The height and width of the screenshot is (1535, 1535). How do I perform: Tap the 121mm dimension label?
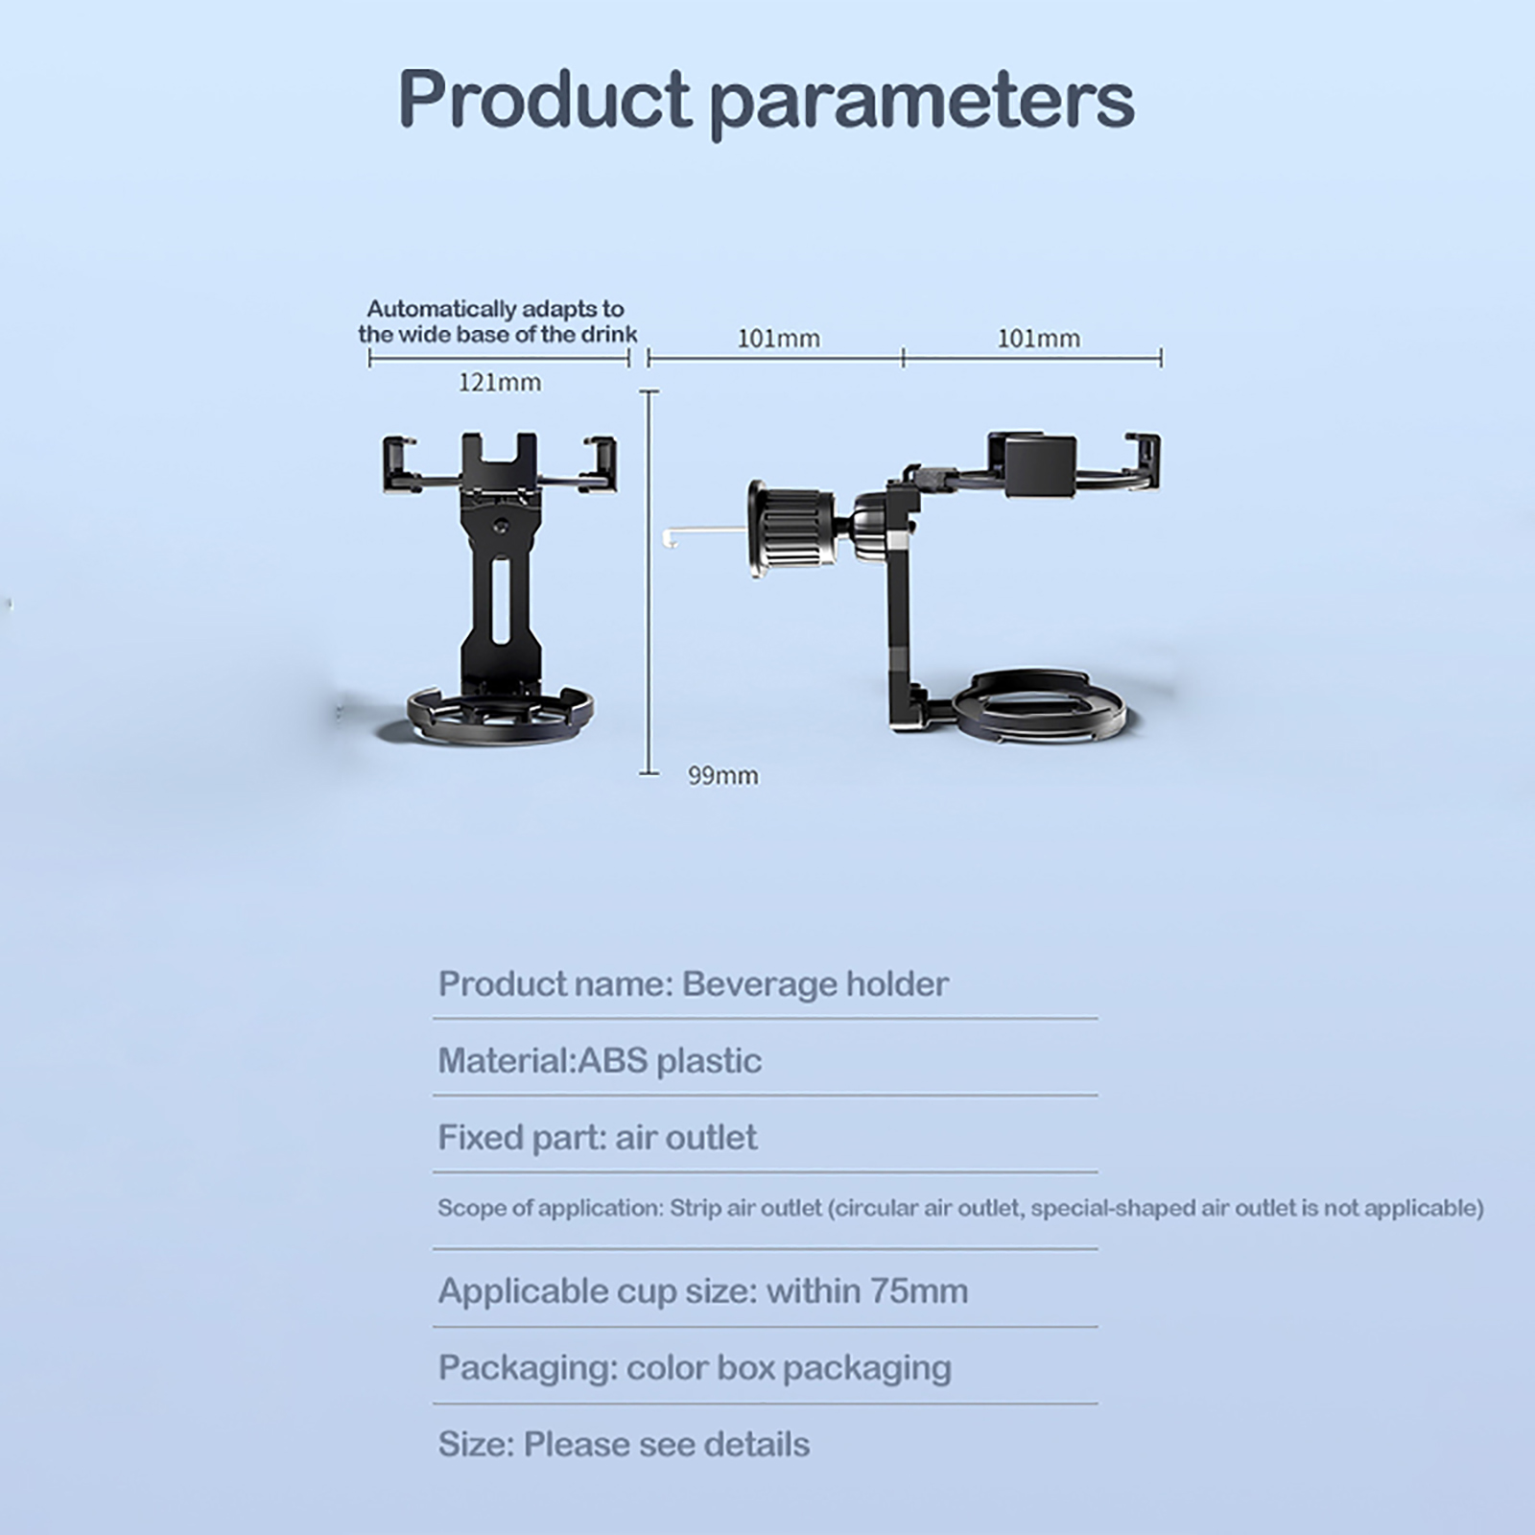pyautogui.click(x=499, y=383)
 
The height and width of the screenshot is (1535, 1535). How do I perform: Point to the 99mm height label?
pyautogui.click(x=723, y=775)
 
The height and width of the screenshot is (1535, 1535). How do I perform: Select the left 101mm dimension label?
pyautogui.click(x=778, y=339)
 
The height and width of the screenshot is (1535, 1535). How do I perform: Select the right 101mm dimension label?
pyautogui.click(x=1039, y=339)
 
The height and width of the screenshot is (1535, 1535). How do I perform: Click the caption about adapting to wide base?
pyautogui.click(x=498, y=321)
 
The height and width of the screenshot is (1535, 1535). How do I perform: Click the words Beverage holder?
pyautogui.click(x=815, y=984)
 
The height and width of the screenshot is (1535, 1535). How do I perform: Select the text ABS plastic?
pyautogui.click(x=670, y=1061)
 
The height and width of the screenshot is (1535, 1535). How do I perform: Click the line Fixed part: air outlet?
pyautogui.click(x=598, y=1138)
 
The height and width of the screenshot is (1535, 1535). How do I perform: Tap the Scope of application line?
pyautogui.click(x=960, y=1208)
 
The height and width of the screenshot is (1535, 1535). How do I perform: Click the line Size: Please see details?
pyautogui.click(x=624, y=1445)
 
